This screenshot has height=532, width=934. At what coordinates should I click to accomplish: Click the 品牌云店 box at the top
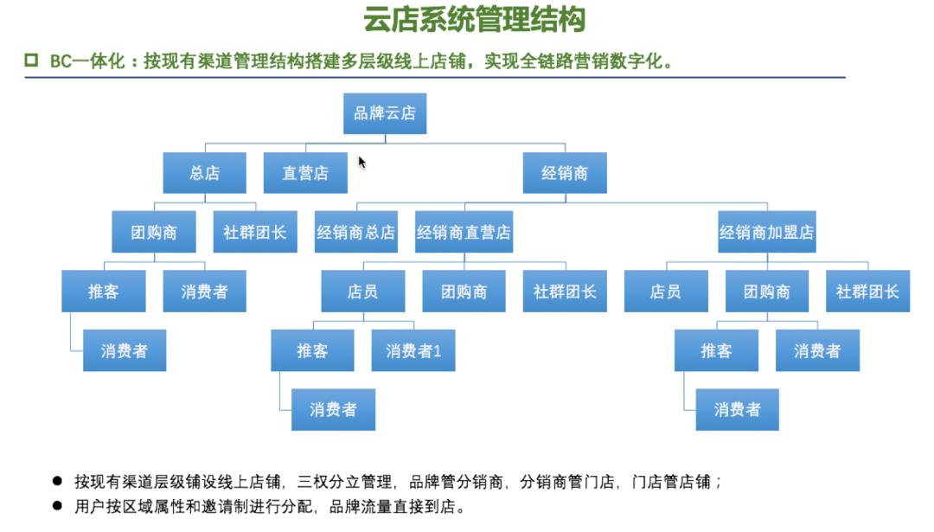384,113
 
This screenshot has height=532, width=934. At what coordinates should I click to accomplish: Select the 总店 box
204,173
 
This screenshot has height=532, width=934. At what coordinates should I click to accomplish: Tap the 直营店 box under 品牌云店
305,173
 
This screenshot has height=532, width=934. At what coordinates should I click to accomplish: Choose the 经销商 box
565,173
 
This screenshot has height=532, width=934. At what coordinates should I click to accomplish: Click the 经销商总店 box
355,232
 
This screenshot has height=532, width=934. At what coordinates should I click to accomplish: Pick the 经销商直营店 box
464,232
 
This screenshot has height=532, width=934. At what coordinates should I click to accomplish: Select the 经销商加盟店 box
766,232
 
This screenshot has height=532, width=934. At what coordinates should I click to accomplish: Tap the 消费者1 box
413,350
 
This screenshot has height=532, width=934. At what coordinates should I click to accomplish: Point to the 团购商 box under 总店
154,232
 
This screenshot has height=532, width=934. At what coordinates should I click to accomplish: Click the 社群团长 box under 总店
255,232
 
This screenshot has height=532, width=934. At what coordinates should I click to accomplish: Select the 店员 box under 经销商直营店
362,292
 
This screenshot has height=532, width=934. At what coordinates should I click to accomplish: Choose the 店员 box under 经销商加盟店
665,292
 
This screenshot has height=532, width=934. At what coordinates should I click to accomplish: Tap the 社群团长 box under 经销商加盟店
867,292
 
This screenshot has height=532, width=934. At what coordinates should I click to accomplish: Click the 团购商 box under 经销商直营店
464,292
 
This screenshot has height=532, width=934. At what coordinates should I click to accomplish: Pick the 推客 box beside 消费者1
312,350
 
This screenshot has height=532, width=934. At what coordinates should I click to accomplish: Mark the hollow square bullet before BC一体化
32,61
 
